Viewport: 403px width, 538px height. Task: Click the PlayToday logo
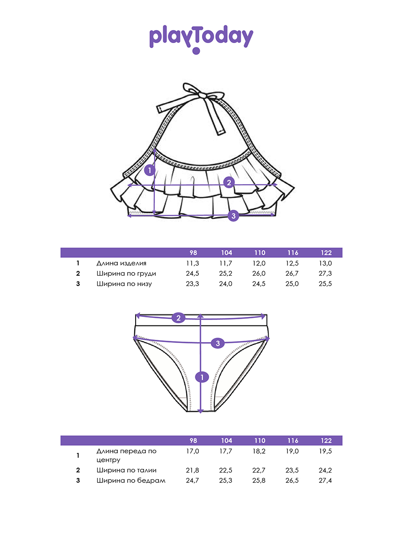tap(201, 39)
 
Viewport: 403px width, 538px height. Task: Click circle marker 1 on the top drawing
tap(150, 171)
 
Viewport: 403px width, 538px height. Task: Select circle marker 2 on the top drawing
tap(229, 182)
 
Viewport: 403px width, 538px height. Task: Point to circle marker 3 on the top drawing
tap(233, 216)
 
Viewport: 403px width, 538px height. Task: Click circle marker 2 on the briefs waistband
tap(178, 318)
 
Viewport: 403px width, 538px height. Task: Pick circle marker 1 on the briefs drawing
tap(202, 377)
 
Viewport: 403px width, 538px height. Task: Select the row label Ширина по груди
tap(126, 273)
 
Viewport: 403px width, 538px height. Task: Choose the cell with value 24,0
tap(226, 284)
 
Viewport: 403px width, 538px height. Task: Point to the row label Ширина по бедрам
tap(130, 481)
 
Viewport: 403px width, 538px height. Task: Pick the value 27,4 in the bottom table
tap(326, 481)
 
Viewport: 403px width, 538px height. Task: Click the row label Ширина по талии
tap(126, 470)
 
